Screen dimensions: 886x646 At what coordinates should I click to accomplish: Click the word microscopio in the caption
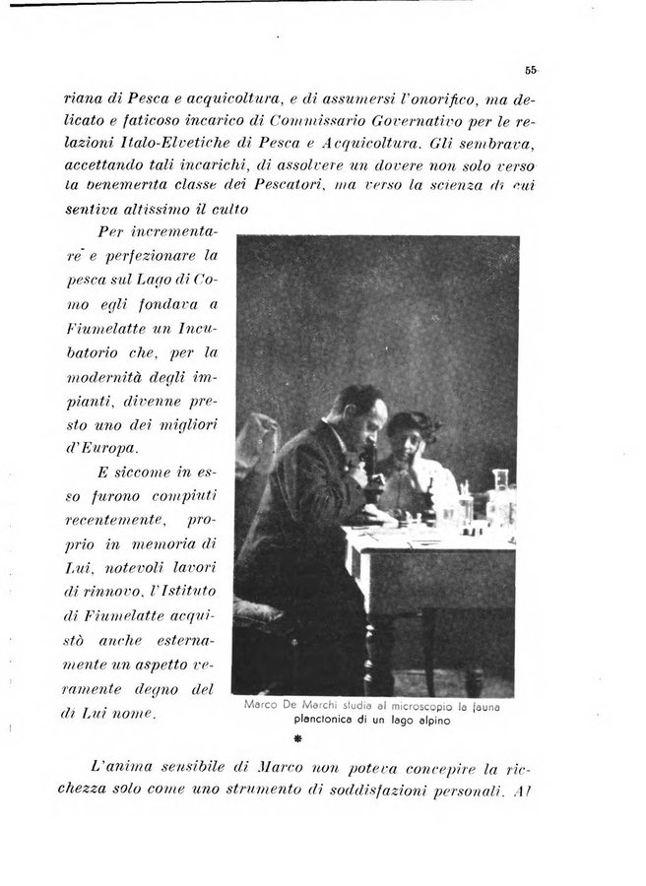pyautogui.click(x=398, y=706)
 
